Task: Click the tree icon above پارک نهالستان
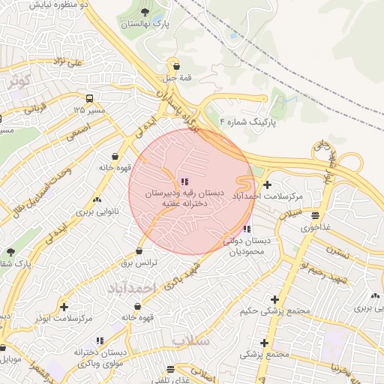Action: (x=145, y=12)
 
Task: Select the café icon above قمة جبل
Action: (x=175, y=64)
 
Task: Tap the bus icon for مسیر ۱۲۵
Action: (x=90, y=98)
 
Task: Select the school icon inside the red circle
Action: (x=184, y=181)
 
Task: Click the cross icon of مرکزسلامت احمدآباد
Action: (x=268, y=184)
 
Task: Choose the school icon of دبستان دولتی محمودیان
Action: (x=247, y=229)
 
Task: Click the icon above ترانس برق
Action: (x=139, y=251)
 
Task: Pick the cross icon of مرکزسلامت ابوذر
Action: (x=64, y=307)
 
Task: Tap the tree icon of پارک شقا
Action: (x=10, y=252)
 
